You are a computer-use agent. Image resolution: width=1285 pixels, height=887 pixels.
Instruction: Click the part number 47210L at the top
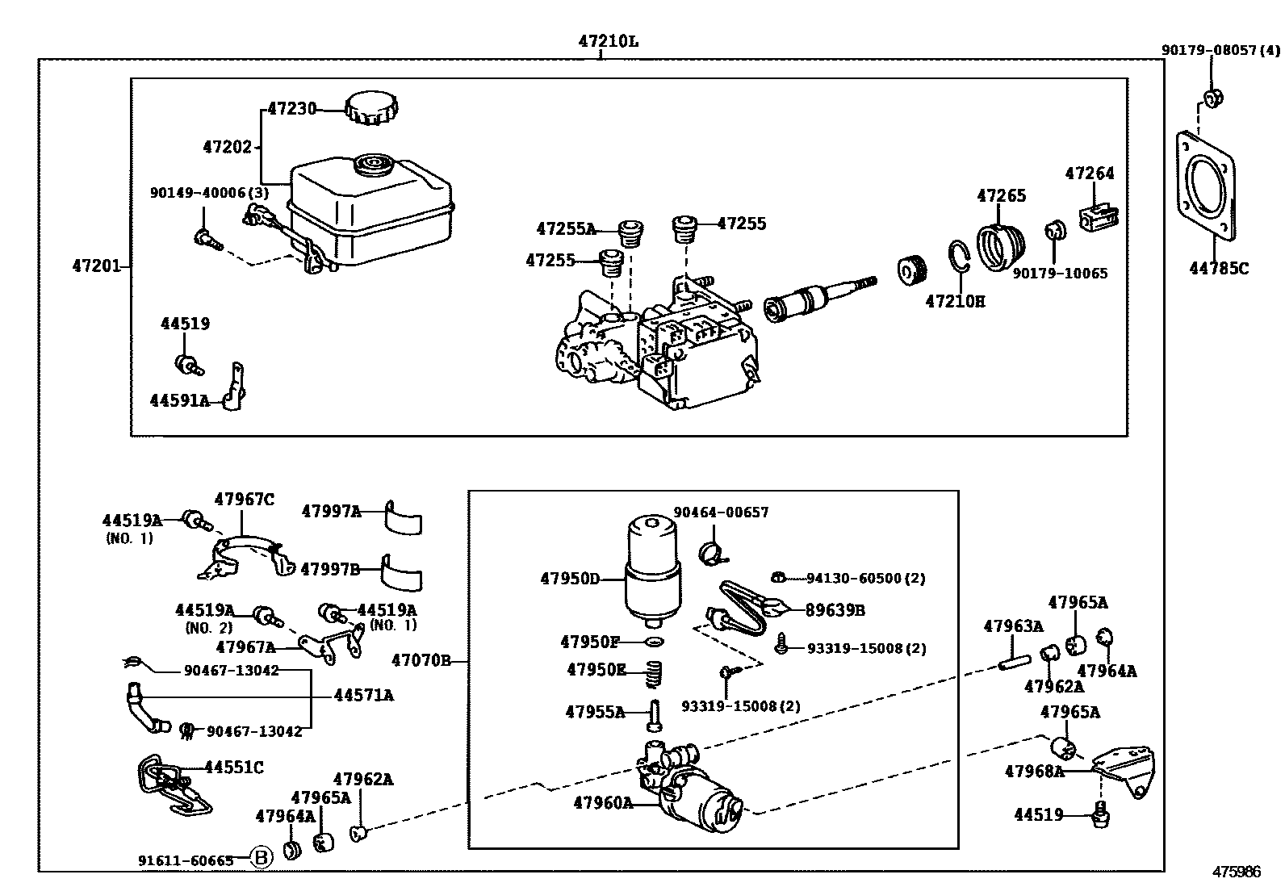(x=608, y=41)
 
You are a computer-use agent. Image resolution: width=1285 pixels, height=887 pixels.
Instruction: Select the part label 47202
(x=227, y=147)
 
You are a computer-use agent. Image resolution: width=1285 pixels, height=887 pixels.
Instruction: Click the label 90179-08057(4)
(x=1220, y=50)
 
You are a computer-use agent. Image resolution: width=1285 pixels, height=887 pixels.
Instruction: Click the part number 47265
(x=1001, y=195)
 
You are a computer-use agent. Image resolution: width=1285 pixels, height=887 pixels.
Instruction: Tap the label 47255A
(x=565, y=229)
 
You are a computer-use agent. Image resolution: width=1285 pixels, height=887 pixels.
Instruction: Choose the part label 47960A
(x=603, y=802)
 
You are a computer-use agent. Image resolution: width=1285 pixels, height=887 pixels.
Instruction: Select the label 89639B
(x=835, y=611)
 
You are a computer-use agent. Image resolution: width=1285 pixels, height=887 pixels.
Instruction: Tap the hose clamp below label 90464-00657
(x=710, y=552)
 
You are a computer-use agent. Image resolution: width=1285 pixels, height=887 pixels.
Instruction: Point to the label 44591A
(x=179, y=400)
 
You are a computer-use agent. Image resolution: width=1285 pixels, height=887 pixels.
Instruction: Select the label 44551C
(x=233, y=768)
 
